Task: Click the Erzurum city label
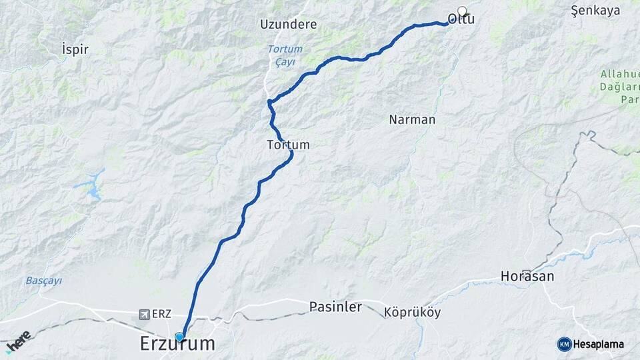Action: [177, 345]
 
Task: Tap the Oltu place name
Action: [461, 20]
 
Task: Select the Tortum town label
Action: [288, 144]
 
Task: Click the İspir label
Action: [75, 49]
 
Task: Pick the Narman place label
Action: [412, 120]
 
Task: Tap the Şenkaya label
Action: [596, 10]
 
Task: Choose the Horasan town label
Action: [527, 276]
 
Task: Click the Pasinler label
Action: [335, 307]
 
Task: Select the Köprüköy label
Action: [413, 313]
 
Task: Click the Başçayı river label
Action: [44, 281]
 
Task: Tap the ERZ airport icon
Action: [144, 314]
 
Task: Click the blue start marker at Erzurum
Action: [179, 337]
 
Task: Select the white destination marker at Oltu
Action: [462, 11]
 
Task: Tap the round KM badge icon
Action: [564, 344]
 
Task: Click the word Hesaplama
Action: [599, 345]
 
